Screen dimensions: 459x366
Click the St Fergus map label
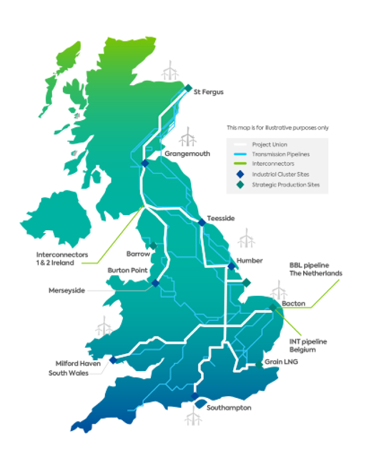tap(209, 92)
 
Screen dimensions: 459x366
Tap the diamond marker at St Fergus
tap(188, 88)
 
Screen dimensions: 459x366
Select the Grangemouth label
tap(187, 154)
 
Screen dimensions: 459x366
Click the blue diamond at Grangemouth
tap(145, 163)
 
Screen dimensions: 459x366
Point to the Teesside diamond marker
tap(202, 222)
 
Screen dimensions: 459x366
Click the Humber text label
tap(250, 260)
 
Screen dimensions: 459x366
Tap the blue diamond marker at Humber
tap(231, 266)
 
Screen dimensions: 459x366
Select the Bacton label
tap(293, 303)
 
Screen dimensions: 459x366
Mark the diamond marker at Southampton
tap(194, 396)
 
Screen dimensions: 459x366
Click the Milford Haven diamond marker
tap(113, 360)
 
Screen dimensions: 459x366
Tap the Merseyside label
tap(67, 290)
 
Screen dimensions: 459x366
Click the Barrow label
tap(138, 254)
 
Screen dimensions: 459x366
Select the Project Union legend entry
tap(265, 145)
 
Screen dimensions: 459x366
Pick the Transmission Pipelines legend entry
tap(280, 154)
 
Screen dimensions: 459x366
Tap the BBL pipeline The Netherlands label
tap(316, 269)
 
